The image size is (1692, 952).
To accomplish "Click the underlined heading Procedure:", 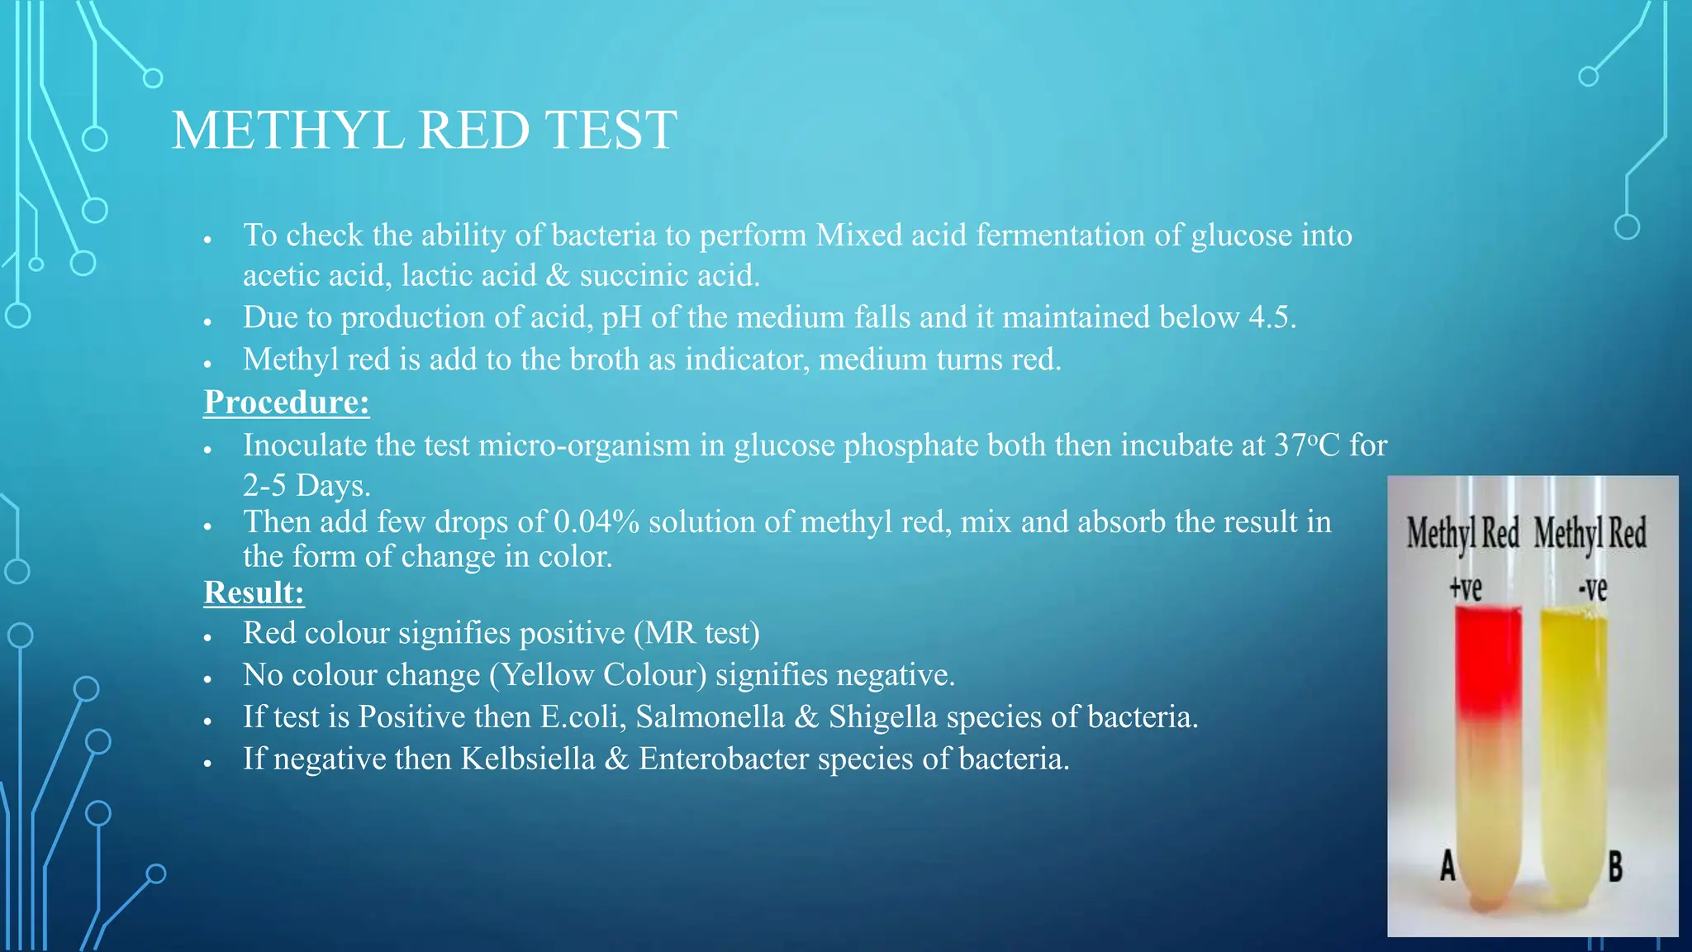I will pos(286,402).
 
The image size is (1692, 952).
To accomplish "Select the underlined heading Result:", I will pos(254,593).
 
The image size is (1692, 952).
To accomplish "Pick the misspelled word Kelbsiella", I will pos(527,759).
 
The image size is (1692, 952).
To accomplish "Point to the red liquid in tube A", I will pos(1487,661).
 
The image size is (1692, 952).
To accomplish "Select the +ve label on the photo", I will pos(1466,588).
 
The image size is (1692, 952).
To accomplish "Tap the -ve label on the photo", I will pos(1592,588).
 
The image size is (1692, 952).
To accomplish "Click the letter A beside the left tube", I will pos(1447,866).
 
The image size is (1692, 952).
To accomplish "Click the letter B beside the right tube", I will pos(1615,867).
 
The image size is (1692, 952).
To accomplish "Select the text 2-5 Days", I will pos(306,485).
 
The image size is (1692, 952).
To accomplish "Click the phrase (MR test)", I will pos(696,633).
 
